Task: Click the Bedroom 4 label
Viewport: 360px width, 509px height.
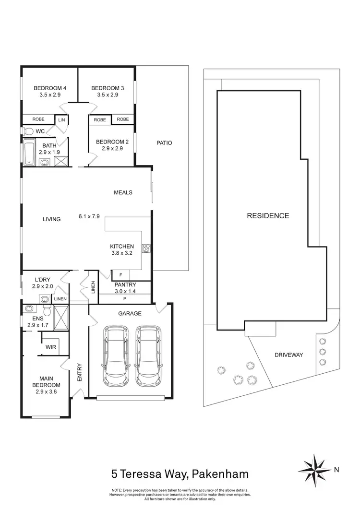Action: [50, 88]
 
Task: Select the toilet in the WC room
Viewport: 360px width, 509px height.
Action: [28, 131]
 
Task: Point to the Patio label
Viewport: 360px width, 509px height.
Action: [164, 143]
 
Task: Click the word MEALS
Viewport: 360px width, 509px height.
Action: [123, 193]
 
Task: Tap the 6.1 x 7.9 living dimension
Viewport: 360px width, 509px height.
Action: [89, 216]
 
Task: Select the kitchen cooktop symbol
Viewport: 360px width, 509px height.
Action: [146, 249]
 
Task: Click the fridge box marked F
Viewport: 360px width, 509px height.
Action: [120, 275]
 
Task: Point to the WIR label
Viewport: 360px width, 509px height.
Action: [51, 347]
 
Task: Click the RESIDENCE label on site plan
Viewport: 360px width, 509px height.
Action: [268, 216]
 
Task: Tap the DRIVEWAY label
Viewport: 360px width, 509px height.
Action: [289, 355]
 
